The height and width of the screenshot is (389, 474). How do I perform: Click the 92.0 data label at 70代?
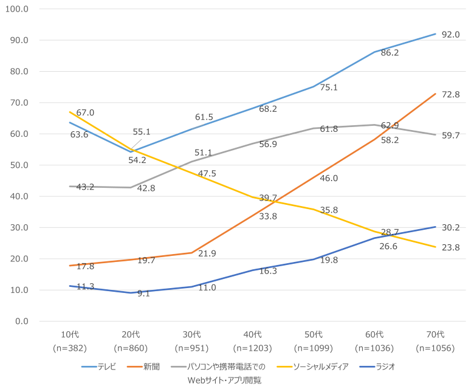point(450,35)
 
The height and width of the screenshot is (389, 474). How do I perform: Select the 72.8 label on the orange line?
point(450,95)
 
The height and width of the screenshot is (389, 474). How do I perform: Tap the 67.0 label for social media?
point(85,113)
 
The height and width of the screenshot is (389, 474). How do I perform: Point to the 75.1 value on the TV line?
point(329,88)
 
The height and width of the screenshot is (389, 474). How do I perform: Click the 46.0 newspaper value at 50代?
point(329,178)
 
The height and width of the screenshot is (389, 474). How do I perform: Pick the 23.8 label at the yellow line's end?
point(450,247)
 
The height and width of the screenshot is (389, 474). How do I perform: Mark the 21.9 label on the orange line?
point(207,253)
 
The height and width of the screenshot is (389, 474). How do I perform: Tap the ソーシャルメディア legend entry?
point(320,367)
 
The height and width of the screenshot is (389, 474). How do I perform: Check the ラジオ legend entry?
point(385,367)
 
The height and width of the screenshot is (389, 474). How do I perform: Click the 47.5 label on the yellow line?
point(207,174)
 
